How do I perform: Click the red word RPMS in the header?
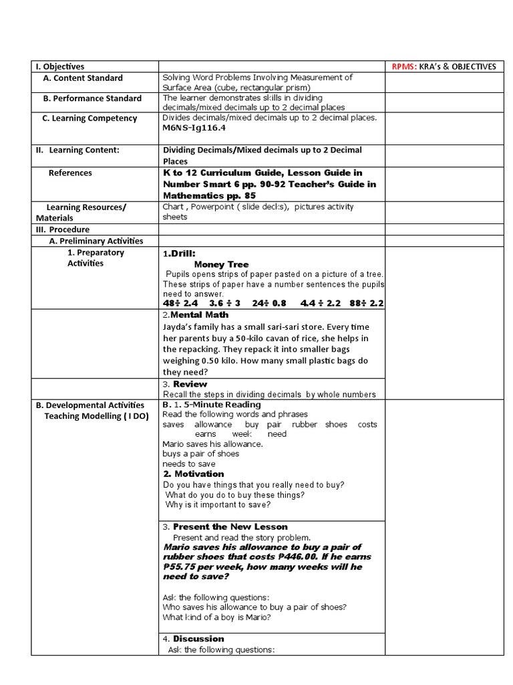click(x=403, y=66)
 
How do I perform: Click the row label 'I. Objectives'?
click(x=60, y=66)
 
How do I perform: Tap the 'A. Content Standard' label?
click(x=83, y=78)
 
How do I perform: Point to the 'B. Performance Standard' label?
click(x=92, y=98)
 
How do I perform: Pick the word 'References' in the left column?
click(x=70, y=173)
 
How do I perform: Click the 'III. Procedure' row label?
click(x=62, y=229)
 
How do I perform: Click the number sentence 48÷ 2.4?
click(x=180, y=303)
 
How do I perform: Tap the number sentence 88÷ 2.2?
click(x=366, y=303)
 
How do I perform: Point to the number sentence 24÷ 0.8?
click(x=269, y=303)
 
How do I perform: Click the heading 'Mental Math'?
click(x=200, y=314)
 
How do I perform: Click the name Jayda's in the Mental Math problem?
click(x=178, y=326)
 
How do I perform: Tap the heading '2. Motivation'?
click(x=194, y=474)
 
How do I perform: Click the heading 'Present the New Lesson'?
click(x=230, y=526)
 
